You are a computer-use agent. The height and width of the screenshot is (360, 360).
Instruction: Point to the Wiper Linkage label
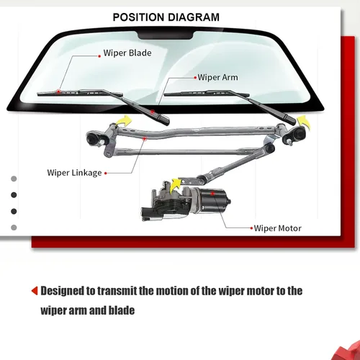click(x=75, y=173)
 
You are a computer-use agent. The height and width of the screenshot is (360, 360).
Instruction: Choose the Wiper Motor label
click(x=278, y=228)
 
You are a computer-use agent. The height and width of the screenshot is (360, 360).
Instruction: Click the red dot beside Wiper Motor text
click(x=251, y=228)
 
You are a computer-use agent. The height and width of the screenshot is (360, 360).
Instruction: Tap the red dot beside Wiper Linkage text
click(x=106, y=173)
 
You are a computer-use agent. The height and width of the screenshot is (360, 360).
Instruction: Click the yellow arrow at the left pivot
click(x=125, y=122)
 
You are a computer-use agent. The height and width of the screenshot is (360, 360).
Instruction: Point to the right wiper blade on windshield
click(x=198, y=92)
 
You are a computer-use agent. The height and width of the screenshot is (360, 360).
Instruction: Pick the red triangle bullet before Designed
click(x=34, y=292)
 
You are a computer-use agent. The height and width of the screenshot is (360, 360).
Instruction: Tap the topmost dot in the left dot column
click(x=14, y=178)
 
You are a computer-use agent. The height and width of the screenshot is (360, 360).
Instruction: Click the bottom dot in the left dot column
click(x=14, y=228)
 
